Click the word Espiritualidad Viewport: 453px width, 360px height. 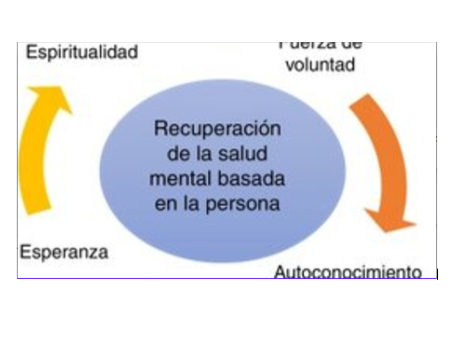pos(82,52)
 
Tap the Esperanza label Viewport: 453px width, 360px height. pos(64,251)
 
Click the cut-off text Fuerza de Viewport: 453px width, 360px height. pos(320,45)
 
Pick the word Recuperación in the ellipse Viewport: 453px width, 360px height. pos(217,129)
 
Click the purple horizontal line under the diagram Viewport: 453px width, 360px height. pos(224,279)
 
